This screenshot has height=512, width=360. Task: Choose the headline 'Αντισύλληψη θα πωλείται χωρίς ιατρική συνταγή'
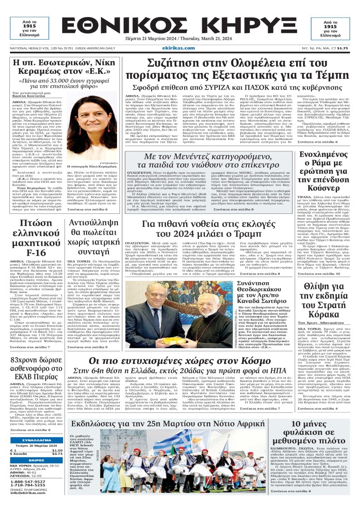pyautogui.click(x=92, y=241)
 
